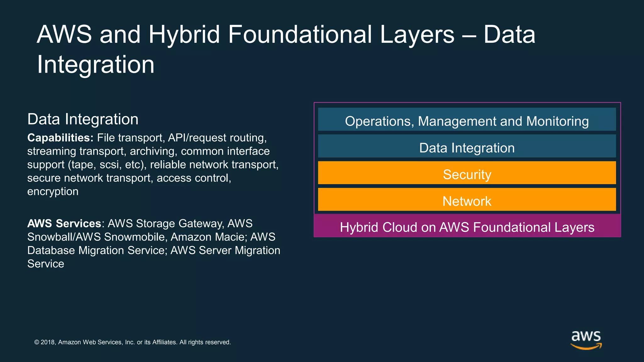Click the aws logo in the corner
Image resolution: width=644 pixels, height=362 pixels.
(586, 340)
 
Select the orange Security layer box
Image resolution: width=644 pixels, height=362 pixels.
(467, 173)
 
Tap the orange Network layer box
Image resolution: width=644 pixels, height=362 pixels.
(467, 200)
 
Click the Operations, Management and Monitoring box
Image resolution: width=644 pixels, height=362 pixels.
(467, 119)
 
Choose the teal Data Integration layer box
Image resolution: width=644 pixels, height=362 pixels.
(467, 146)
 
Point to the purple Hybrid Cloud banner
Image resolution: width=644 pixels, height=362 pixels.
(467, 226)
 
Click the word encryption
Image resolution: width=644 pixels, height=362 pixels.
(53, 191)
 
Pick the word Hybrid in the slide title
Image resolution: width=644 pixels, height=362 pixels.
(184, 34)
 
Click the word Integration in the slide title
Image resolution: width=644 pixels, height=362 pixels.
(96, 64)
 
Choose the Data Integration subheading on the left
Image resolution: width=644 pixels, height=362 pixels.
(83, 119)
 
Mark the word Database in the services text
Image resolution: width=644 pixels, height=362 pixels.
(51, 250)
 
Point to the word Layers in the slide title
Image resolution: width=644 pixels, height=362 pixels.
(417, 34)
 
